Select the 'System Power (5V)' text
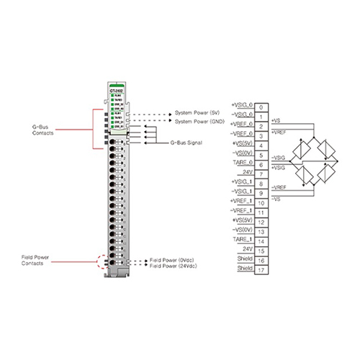pyautogui.click(x=198, y=113)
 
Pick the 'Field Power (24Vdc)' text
pyautogui.click(x=175, y=266)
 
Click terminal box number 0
pyautogui.click(x=263, y=107)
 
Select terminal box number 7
pyautogui.click(x=263, y=174)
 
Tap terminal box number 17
pyautogui.click(x=263, y=269)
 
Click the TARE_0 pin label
pyautogui.click(x=241, y=163)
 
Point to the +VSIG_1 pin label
pyautogui.click(x=241, y=182)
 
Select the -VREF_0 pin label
pyautogui.click(x=241, y=135)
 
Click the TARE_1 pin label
pyautogui.click(x=241, y=239)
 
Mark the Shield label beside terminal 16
pyautogui.click(x=245, y=258)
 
